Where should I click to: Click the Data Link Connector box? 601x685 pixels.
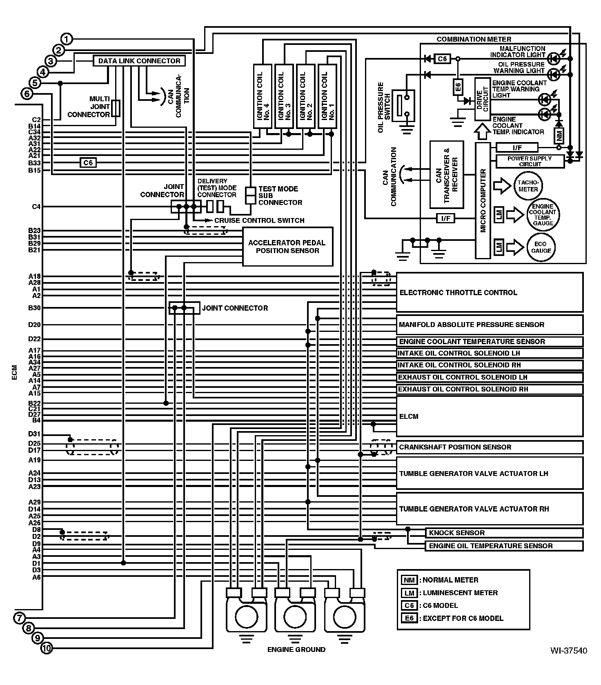point(139,61)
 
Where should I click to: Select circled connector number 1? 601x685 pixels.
point(67,39)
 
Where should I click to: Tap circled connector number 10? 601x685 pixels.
point(47,648)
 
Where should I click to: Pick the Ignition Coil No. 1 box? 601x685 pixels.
point(327,96)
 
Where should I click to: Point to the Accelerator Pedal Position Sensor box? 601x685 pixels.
point(287,247)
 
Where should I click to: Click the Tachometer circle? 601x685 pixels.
point(528,186)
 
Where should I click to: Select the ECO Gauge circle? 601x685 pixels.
point(541,247)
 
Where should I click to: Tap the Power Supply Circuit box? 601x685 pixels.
point(530,161)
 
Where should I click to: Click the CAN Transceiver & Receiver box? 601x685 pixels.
point(447,175)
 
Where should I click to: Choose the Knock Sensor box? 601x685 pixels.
point(504,533)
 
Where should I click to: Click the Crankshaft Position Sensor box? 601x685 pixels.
point(490,447)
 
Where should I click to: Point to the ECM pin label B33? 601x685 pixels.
point(34,163)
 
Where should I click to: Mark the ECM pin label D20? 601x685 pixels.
point(34,325)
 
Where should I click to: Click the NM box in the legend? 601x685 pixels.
point(409,580)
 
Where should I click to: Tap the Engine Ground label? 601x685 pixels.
point(296,649)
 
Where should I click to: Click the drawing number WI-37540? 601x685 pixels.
point(568,650)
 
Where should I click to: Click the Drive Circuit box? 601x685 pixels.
point(483,99)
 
